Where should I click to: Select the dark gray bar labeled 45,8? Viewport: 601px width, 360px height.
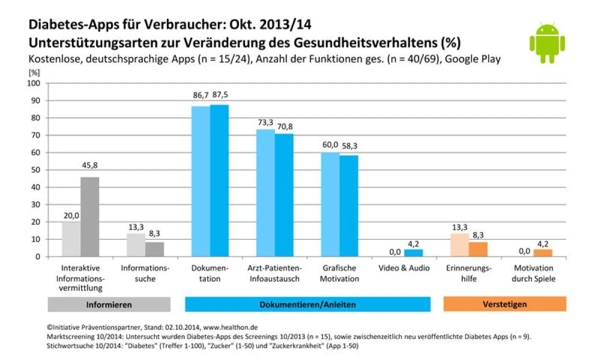(90, 216)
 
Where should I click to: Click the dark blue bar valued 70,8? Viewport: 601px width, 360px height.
(284, 195)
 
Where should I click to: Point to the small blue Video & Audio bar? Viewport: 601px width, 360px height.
(414, 253)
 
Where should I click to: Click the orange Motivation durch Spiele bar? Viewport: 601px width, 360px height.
(543, 253)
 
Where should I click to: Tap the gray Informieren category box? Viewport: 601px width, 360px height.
(109, 304)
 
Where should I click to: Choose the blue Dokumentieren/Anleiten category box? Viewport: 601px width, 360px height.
(308, 304)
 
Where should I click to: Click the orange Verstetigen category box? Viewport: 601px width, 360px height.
(504, 304)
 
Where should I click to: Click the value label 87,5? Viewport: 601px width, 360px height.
(219, 95)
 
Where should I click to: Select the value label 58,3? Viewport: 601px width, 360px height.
(349, 146)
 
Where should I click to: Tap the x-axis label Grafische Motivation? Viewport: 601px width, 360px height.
(340, 273)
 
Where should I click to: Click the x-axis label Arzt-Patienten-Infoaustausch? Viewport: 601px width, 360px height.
(274, 273)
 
